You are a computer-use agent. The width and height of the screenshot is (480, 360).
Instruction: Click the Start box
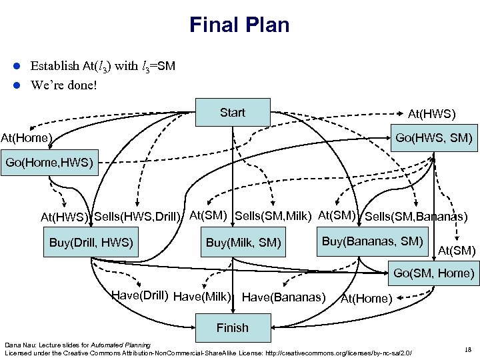tap(233, 113)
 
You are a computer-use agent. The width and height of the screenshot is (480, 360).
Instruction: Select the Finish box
tap(232, 327)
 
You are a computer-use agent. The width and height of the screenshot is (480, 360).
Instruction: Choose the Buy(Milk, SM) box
tap(243, 242)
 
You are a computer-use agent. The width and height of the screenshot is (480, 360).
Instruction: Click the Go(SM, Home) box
tap(433, 273)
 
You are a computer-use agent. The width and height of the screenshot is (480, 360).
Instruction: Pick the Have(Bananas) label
tap(284, 297)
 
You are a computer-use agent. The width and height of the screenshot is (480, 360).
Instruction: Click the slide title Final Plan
tap(239, 25)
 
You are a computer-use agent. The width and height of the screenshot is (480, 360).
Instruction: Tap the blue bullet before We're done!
tap(19, 85)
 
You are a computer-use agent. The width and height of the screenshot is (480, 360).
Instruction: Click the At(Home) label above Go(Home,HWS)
tap(27, 138)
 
